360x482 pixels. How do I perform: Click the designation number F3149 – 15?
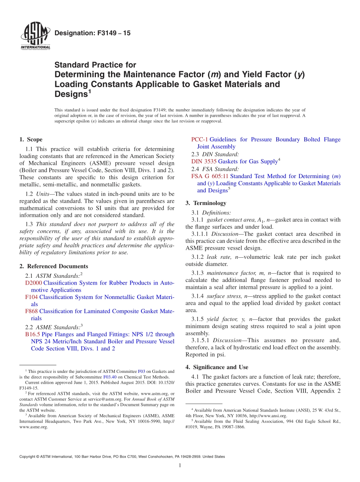[x=92, y=33]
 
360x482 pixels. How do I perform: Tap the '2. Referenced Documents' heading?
[x=53, y=266]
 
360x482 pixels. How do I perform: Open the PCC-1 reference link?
[x=200, y=139]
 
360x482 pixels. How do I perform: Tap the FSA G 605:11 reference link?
[x=210, y=176]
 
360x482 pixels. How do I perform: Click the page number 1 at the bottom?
[x=180, y=465]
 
